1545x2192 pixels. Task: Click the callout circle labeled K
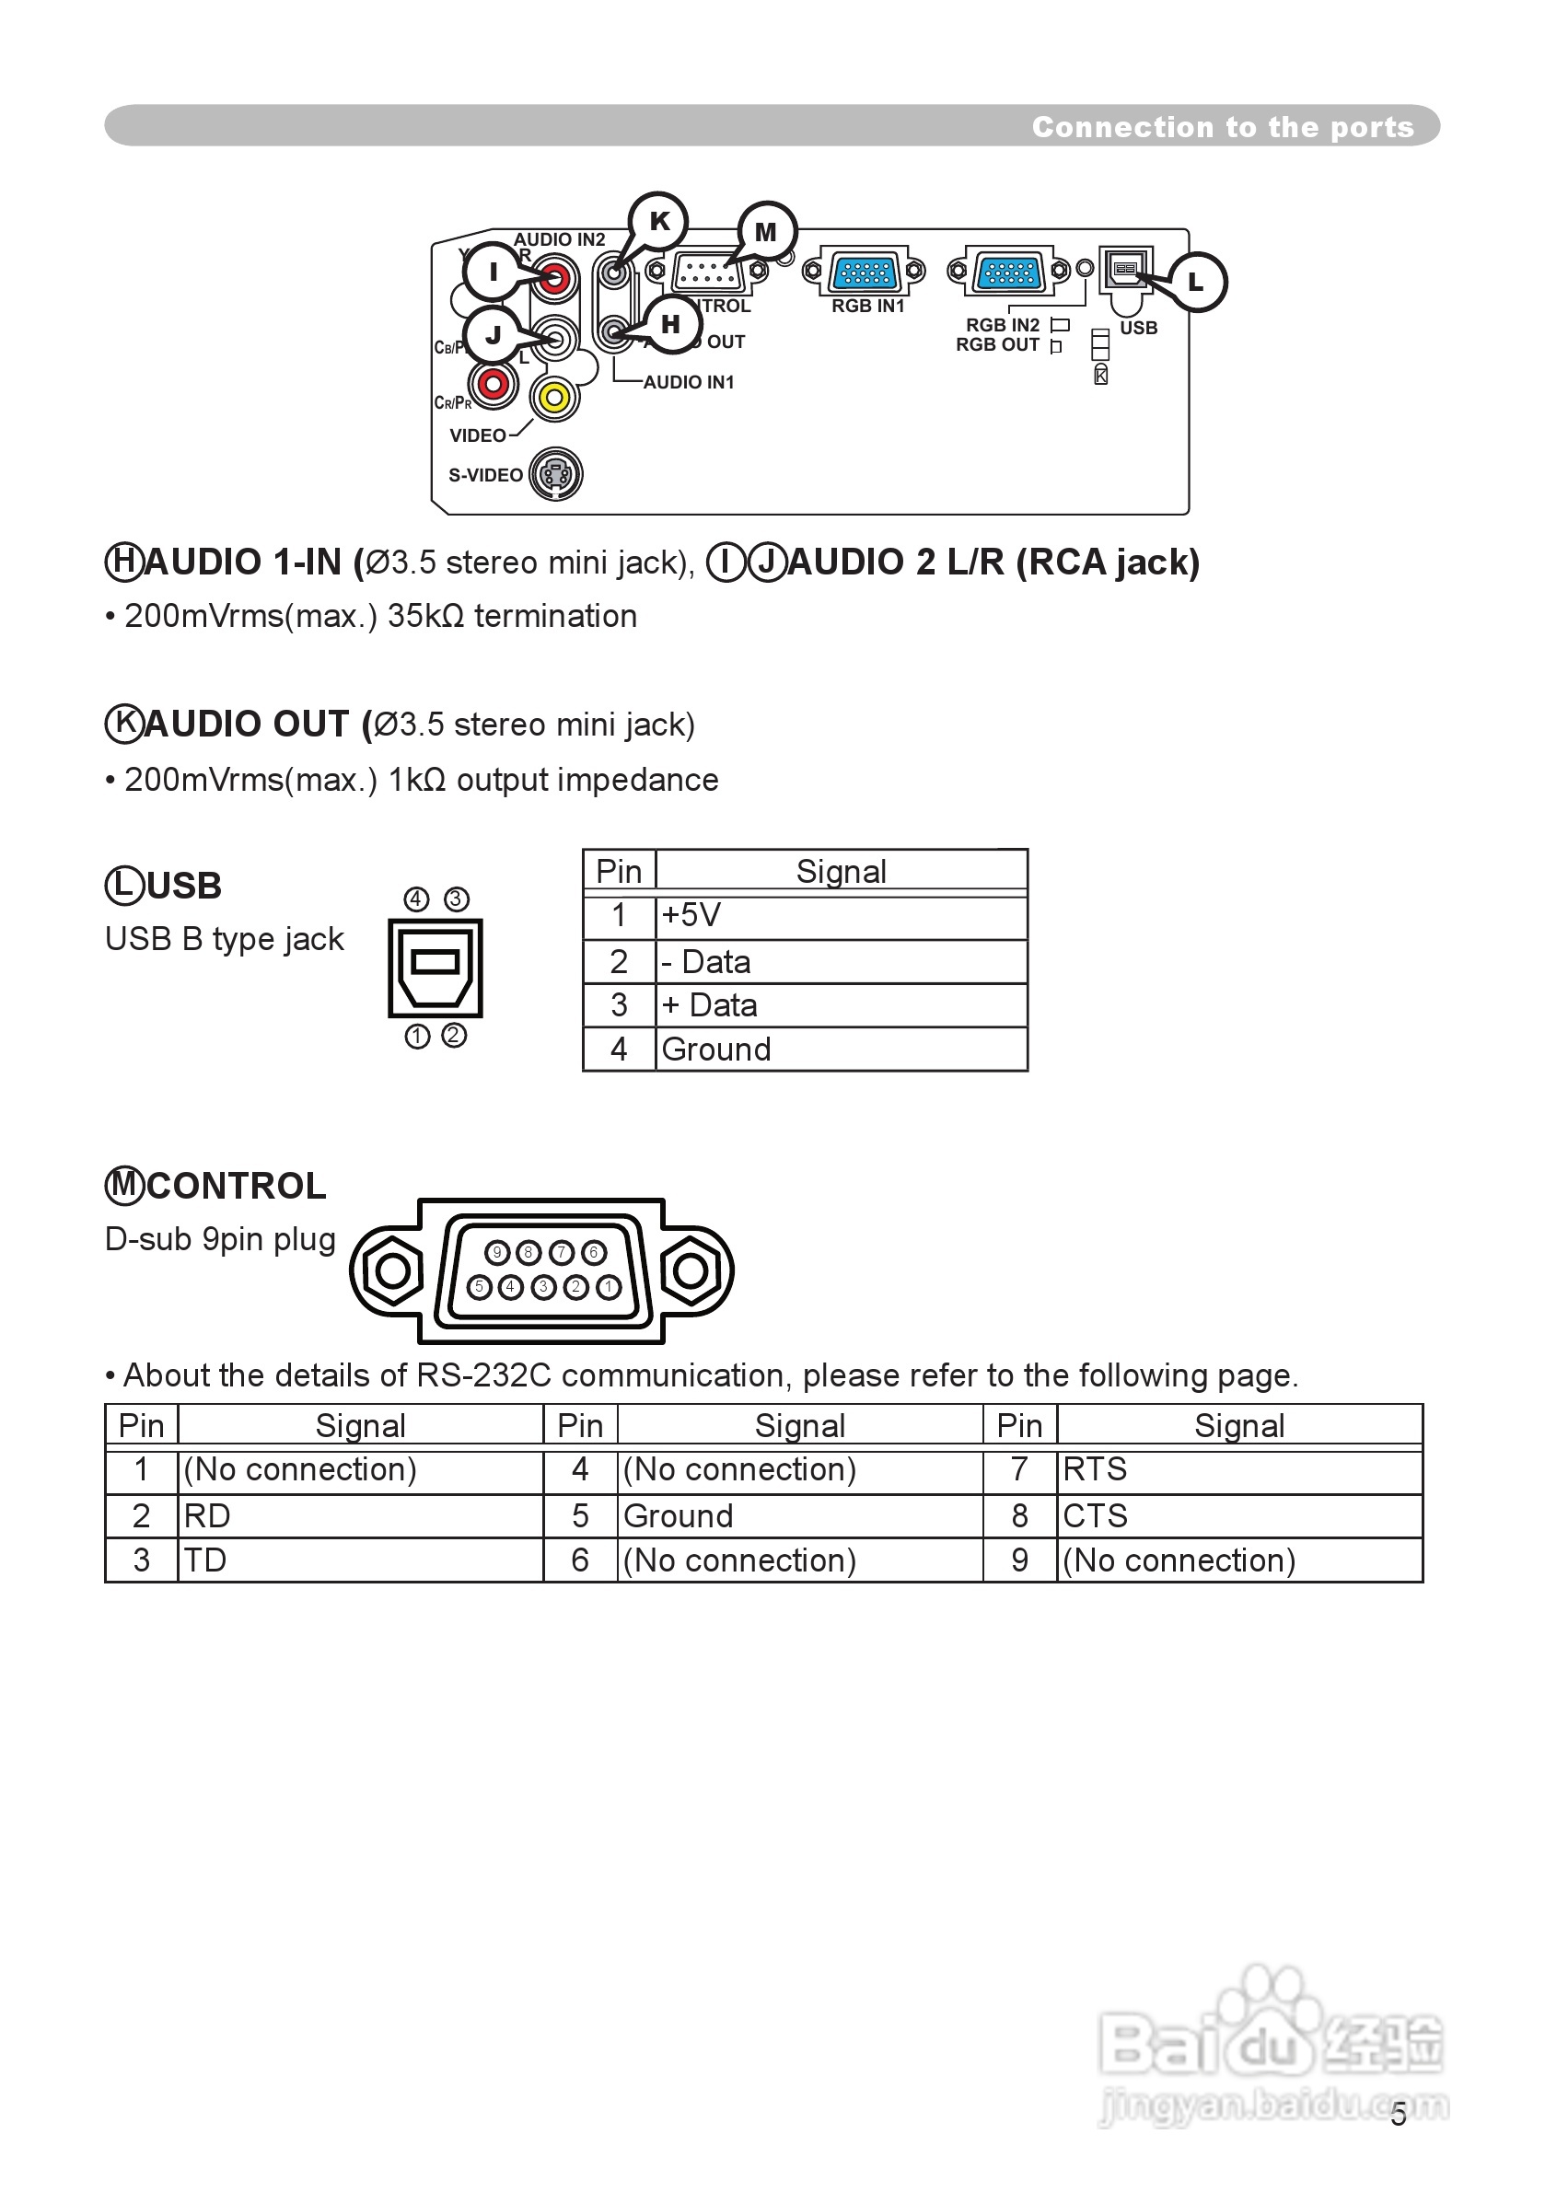point(659,222)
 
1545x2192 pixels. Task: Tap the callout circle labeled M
point(767,232)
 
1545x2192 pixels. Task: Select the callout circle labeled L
point(1195,283)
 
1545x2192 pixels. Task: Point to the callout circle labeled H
point(671,325)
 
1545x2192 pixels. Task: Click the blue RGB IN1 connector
point(865,273)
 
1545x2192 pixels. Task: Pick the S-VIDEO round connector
point(556,473)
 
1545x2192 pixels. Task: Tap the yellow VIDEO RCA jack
point(555,397)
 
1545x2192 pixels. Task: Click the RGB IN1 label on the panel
point(867,307)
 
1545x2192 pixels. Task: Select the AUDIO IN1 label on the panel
point(689,383)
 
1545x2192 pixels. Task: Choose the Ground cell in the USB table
point(716,1050)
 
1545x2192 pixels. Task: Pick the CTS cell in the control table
point(1096,1516)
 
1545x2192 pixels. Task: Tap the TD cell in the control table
point(205,1560)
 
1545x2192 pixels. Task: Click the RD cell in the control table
point(207,1516)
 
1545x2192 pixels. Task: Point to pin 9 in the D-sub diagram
point(496,1253)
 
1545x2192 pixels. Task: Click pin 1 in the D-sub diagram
point(609,1287)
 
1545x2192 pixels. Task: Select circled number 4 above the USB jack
point(416,899)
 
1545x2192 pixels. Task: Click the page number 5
point(1398,2116)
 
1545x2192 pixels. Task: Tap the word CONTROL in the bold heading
point(236,1187)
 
